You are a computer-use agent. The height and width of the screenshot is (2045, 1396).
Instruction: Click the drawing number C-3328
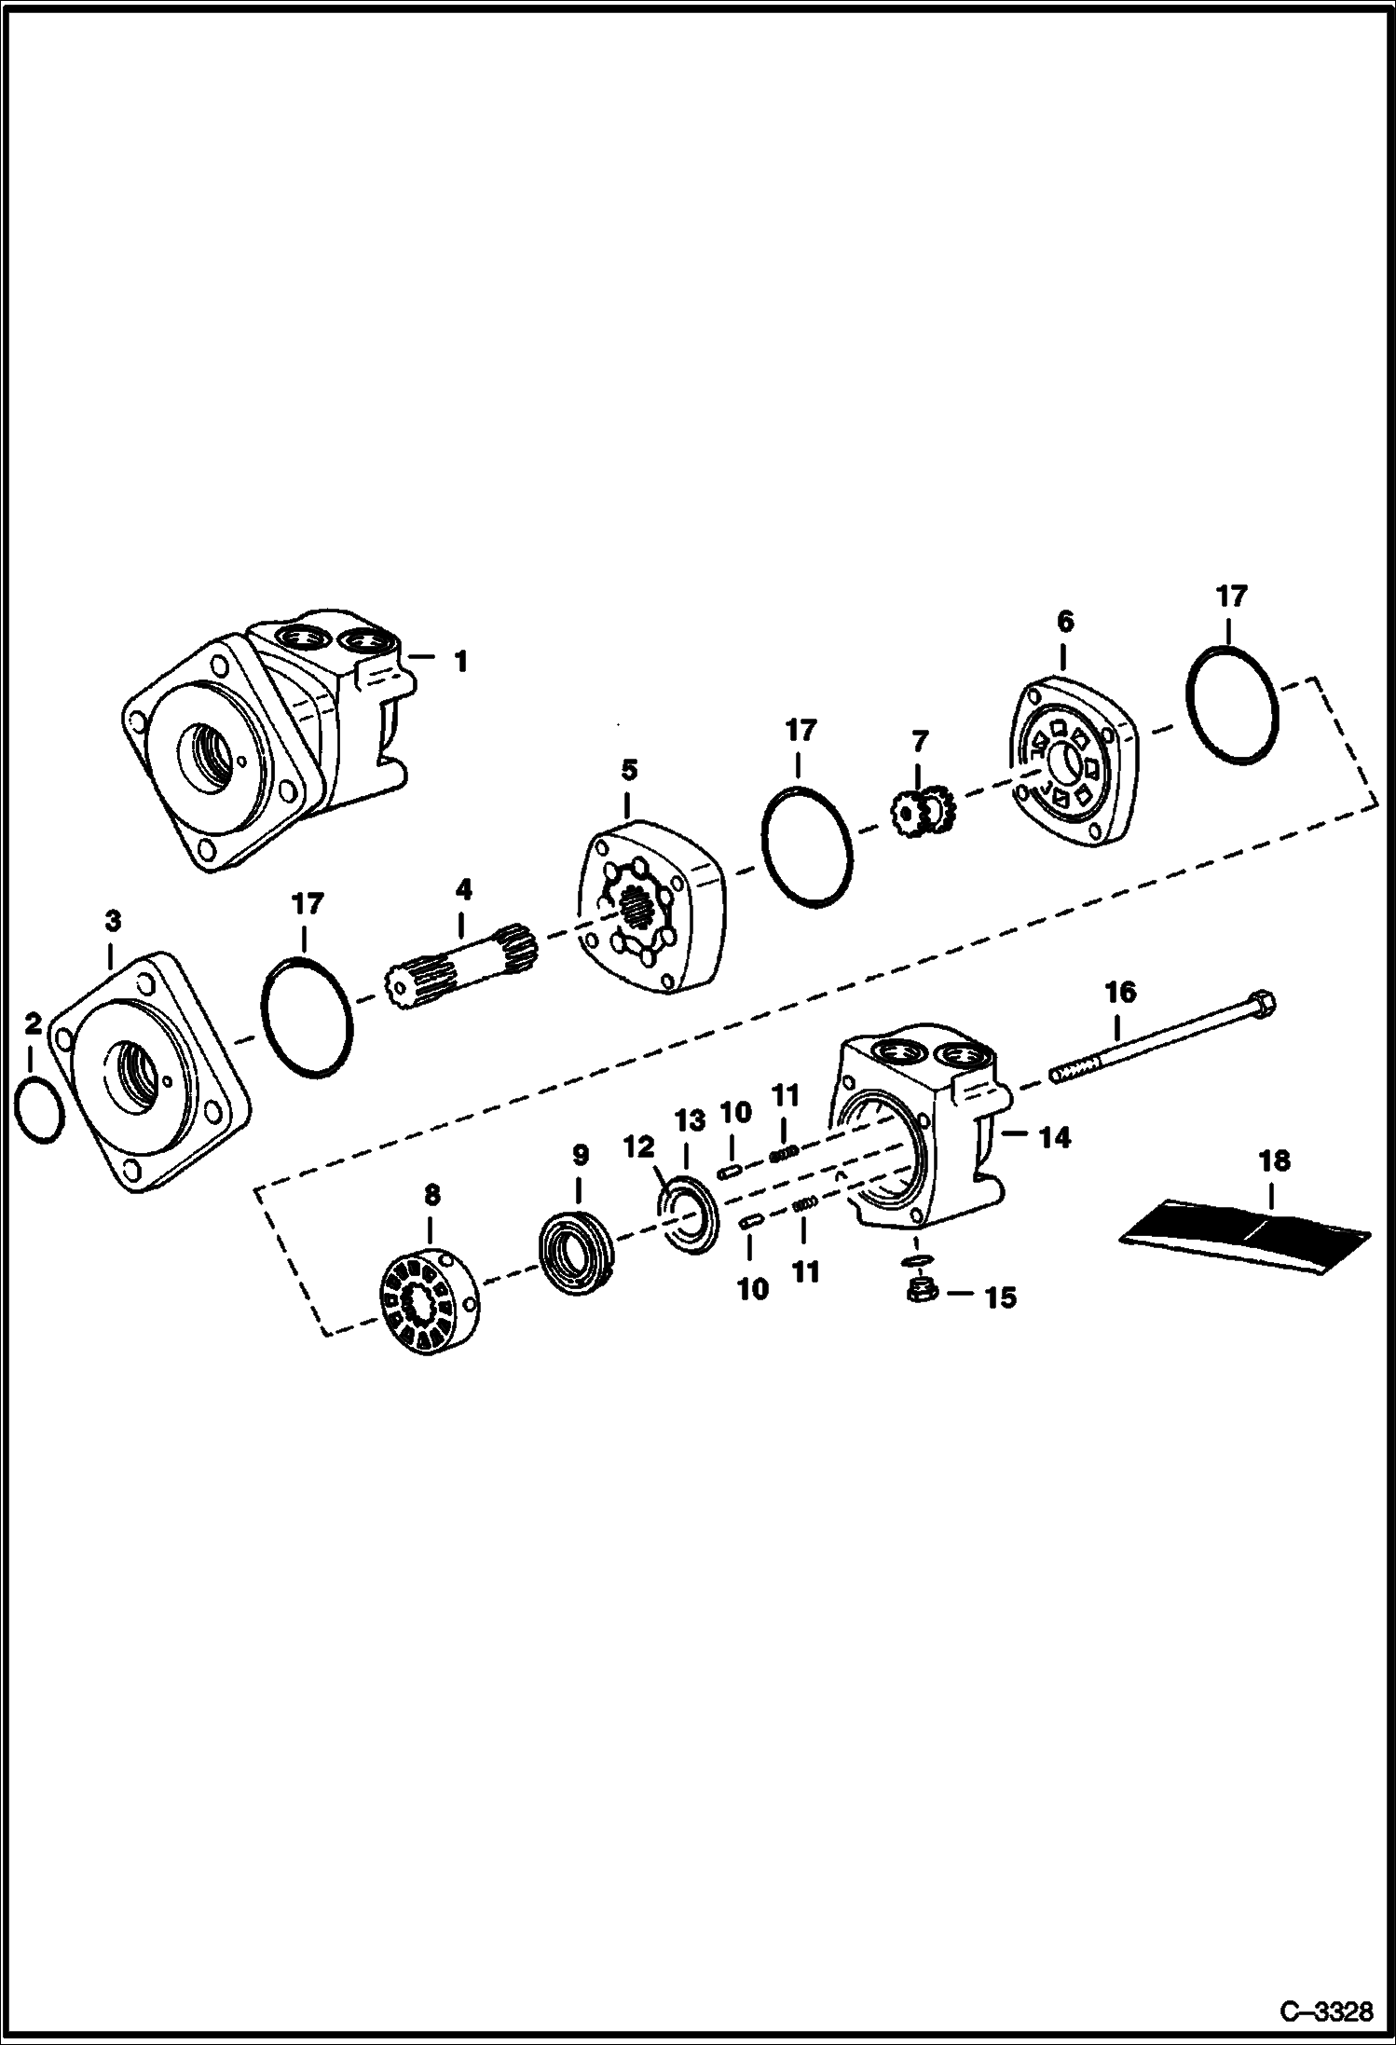1326,2011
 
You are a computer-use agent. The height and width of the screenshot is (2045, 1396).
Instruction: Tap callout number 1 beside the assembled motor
459,662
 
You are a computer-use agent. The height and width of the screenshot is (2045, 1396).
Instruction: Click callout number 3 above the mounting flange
113,921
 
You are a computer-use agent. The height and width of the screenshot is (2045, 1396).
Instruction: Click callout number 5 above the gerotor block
629,770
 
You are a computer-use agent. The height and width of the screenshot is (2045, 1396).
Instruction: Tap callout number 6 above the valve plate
1065,622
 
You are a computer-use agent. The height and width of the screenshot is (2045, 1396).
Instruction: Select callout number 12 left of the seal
640,1146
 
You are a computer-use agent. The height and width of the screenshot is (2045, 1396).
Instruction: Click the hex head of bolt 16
1264,1005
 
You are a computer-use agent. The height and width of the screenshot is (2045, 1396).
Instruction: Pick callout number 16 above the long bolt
1121,992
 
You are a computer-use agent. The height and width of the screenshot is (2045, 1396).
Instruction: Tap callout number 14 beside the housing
1055,1137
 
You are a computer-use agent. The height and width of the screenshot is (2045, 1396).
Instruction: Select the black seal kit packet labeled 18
1244,1231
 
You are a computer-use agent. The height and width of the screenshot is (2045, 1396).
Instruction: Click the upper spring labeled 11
785,1153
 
